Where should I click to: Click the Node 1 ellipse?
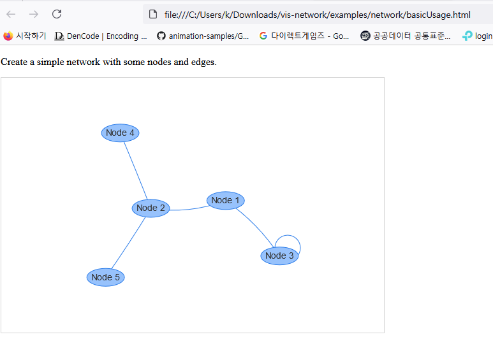pyautogui.click(x=226, y=200)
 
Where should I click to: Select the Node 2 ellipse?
pyautogui.click(x=151, y=208)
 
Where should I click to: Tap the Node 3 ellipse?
pyautogui.click(x=279, y=256)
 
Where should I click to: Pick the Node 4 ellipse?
pyautogui.click(x=120, y=133)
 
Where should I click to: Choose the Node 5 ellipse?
pyautogui.click(x=105, y=277)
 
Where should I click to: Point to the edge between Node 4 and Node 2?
pyautogui.click(x=135, y=169)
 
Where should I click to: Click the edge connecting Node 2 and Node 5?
pyautogui.click(x=128, y=243)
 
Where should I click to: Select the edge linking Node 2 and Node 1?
pyautogui.click(x=189, y=208)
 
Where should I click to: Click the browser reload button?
pyautogui.click(x=57, y=14)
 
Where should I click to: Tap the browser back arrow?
pyautogui.click(x=11, y=14)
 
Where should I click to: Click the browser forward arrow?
pyautogui.click(x=34, y=14)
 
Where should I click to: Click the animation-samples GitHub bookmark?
pyautogui.click(x=203, y=36)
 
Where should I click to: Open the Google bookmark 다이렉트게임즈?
pyautogui.click(x=304, y=36)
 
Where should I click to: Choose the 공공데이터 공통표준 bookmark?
pyautogui.click(x=406, y=36)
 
